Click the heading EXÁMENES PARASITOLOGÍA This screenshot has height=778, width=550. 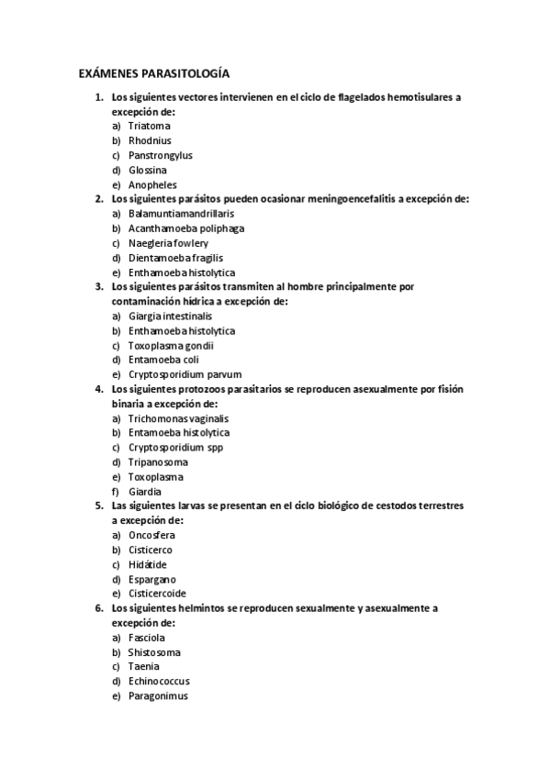tap(153, 73)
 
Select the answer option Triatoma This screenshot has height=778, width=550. tap(150, 125)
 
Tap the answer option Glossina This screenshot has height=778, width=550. tap(148, 170)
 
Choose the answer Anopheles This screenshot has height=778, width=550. tap(152, 184)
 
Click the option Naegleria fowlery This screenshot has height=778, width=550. tap(168, 243)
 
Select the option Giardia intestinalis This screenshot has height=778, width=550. tap(170, 316)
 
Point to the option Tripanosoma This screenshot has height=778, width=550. tap(158, 461)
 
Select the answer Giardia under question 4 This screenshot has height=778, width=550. tap(145, 491)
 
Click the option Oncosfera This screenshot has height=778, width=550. tap(152, 535)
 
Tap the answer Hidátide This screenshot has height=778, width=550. tap(148, 564)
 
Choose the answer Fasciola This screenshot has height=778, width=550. tap(147, 637)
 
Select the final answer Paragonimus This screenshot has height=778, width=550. tap(158, 695)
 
